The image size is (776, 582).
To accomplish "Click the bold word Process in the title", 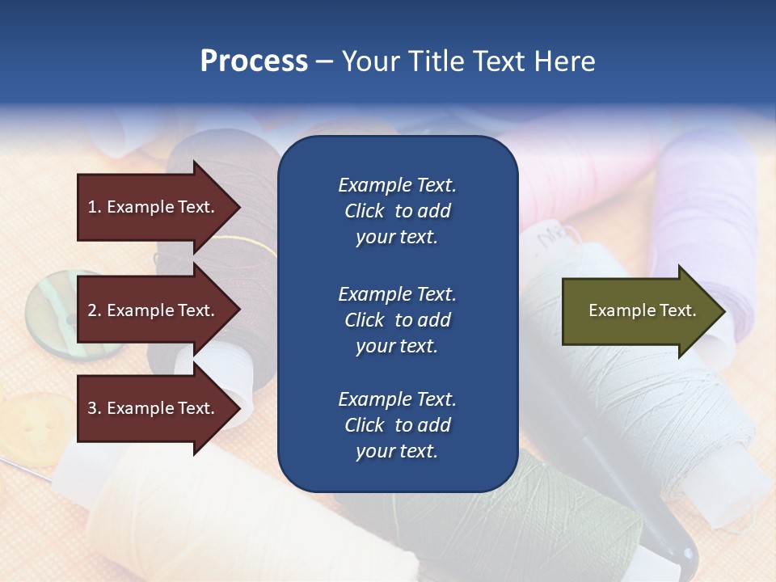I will (254, 61).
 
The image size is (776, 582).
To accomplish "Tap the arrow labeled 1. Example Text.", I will (154, 207).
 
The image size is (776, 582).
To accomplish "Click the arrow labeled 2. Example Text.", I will (154, 310).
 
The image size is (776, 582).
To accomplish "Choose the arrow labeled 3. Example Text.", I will (154, 408).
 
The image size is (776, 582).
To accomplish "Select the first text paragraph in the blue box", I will (397, 211).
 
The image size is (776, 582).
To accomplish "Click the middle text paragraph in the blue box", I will (397, 319).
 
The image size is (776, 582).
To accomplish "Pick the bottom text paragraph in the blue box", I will (397, 425).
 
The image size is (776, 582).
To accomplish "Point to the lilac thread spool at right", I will (711, 202).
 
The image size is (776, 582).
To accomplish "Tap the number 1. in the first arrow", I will (94, 207).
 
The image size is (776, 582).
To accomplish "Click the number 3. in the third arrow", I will (94, 408).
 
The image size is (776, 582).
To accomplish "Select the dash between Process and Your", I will (324, 61).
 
